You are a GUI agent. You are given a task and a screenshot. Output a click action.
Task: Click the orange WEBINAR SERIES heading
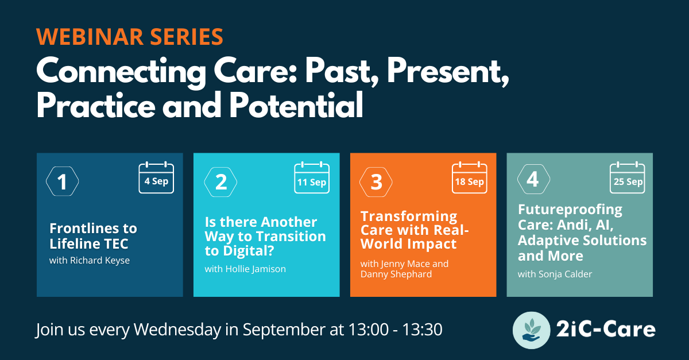(x=130, y=37)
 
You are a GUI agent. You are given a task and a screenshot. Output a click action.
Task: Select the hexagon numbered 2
(x=204, y=182)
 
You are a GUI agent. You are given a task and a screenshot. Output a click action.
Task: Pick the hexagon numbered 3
(x=360, y=182)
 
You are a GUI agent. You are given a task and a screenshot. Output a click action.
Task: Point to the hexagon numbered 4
(x=518, y=179)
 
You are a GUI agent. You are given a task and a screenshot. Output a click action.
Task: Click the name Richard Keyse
(x=100, y=261)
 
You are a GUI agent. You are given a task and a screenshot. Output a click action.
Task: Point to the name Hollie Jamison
(x=256, y=269)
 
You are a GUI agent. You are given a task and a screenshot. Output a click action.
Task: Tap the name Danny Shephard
(x=396, y=274)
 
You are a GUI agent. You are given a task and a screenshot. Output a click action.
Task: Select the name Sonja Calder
(x=566, y=274)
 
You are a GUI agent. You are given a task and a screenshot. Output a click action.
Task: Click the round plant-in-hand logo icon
(x=531, y=330)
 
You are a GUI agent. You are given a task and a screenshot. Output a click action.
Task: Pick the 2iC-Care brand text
(x=606, y=330)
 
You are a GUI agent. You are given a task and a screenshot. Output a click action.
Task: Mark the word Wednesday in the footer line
(x=177, y=330)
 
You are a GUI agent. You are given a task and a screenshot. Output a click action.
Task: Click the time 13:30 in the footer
(x=423, y=330)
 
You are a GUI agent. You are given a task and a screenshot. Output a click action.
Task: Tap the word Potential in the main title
(x=296, y=105)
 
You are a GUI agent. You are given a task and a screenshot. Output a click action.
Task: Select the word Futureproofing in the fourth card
(x=570, y=210)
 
